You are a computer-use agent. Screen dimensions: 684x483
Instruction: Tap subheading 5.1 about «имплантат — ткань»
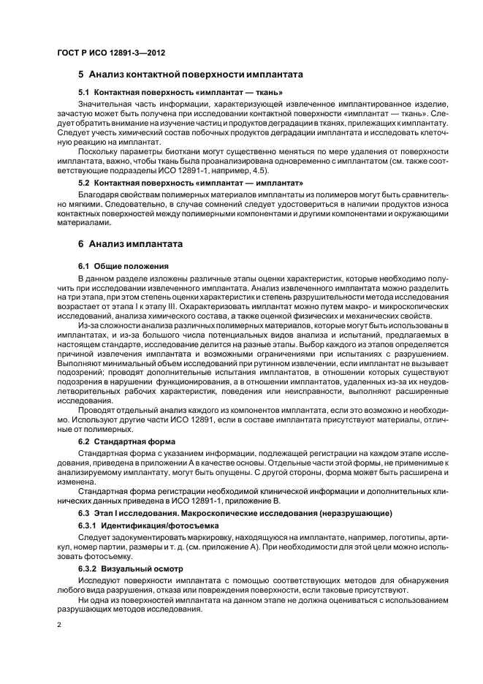coord(180,93)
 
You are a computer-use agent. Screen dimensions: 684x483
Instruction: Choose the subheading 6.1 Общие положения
coord(123,266)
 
